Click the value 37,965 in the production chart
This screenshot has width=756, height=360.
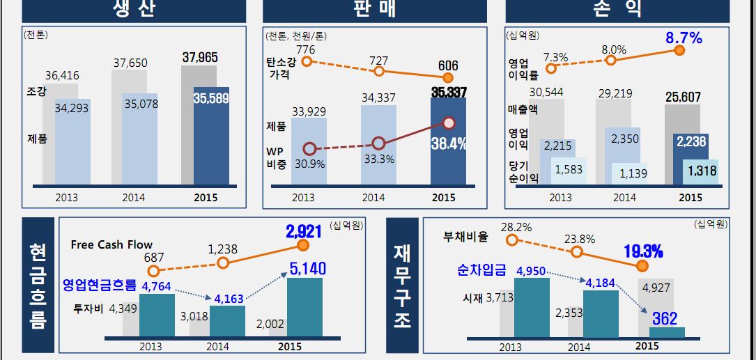(200, 58)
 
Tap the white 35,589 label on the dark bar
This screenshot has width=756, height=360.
(210, 99)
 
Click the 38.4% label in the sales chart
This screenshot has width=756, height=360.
(449, 144)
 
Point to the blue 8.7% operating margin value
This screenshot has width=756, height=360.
(684, 38)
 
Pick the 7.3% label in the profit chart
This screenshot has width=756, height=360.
(555, 56)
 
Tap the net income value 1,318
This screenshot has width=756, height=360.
(702, 170)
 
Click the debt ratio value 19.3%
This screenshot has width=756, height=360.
(642, 251)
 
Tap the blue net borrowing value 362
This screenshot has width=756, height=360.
(665, 319)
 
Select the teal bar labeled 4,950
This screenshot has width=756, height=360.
(532, 306)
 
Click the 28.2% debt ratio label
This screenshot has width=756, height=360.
(516, 227)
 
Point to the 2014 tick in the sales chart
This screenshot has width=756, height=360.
(373, 198)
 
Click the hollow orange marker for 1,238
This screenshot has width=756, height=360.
(223, 263)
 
